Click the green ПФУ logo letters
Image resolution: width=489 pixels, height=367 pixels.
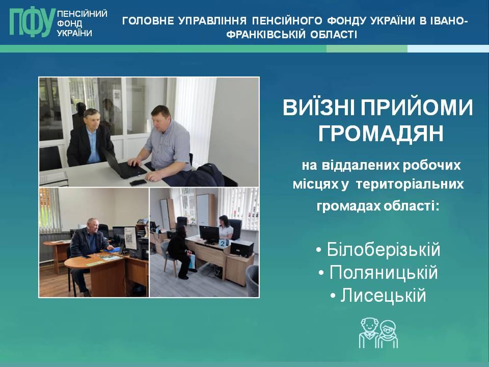[32, 22]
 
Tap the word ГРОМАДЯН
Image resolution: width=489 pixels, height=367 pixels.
[381, 134]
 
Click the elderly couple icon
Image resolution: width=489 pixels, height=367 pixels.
[378, 333]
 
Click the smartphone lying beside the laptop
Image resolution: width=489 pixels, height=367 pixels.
[138, 182]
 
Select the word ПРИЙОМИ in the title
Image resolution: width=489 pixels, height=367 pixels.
[417, 108]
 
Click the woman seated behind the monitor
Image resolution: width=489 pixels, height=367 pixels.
[225, 227]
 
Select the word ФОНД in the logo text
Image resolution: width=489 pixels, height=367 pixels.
[70, 23]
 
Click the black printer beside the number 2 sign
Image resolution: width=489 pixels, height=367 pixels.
[241, 248]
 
